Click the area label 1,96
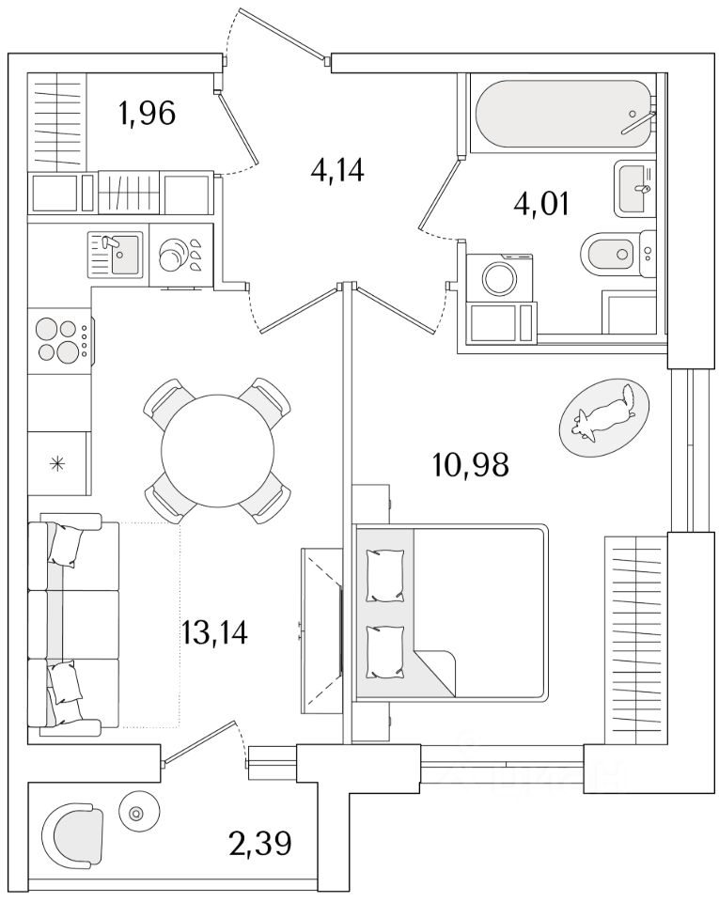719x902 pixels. [x=147, y=114]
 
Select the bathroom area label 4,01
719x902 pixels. [x=540, y=203]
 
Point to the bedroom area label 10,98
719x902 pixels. [x=471, y=463]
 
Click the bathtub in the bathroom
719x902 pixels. [x=562, y=114]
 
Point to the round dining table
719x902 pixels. [x=218, y=449]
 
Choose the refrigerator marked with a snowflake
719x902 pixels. [x=59, y=462]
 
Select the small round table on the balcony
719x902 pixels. [x=137, y=813]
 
